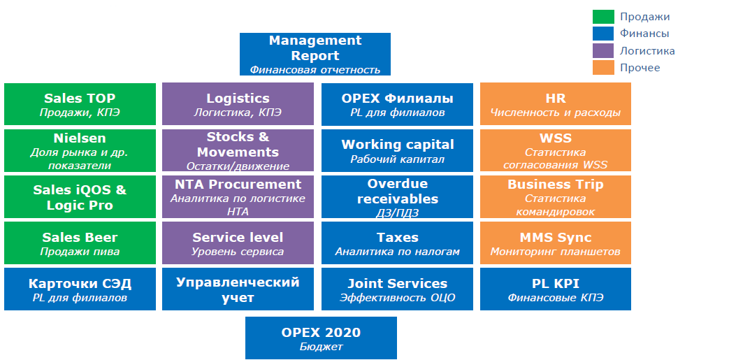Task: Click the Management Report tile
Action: pos(315,54)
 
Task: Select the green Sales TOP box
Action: pos(80,104)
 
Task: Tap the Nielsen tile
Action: pos(80,150)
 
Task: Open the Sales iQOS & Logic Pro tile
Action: pos(80,196)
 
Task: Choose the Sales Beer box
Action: pos(80,243)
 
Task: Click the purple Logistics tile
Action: pos(238,103)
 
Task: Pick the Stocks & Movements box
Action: pos(238,150)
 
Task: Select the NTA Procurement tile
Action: pos(238,196)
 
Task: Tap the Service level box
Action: pos(238,243)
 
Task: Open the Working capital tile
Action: pos(398,151)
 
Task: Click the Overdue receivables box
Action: pos(398,196)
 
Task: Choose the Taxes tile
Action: pos(398,243)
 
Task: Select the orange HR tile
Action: pos(556,103)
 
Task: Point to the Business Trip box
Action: pos(556,196)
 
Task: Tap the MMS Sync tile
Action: pos(556,243)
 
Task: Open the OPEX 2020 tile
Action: pos(322,338)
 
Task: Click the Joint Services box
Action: pos(398,289)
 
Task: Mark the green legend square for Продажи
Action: pos(603,17)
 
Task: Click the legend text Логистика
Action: pos(647,51)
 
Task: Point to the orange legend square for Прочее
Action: pos(603,67)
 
